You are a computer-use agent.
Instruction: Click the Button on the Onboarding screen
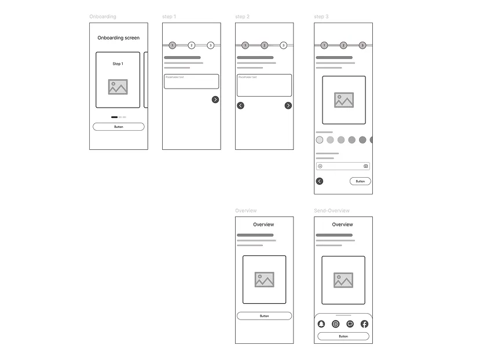click(x=118, y=127)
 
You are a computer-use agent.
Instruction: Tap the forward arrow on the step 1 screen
click(x=215, y=100)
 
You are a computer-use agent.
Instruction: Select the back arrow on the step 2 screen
click(x=240, y=105)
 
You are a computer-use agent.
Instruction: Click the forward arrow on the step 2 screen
click(x=288, y=105)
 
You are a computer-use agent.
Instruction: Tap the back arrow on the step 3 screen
click(x=320, y=181)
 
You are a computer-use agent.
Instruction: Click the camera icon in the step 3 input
click(x=366, y=166)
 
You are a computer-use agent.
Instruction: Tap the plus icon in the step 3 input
click(x=320, y=166)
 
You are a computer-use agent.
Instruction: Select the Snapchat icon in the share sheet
click(x=321, y=324)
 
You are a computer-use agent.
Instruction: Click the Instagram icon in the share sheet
click(x=335, y=324)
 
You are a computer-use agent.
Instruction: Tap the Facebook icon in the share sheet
click(x=364, y=324)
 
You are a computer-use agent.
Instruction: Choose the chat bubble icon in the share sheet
click(x=350, y=324)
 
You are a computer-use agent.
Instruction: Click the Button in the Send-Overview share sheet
click(x=343, y=336)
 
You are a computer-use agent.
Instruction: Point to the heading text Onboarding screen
click(x=118, y=38)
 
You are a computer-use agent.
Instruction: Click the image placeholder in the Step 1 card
click(x=118, y=87)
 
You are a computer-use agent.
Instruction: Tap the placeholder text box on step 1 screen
click(x=191, y=82)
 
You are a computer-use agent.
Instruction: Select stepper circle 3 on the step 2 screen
click(x=283, y=45)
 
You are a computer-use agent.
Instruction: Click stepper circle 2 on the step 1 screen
click(x=192, y=45)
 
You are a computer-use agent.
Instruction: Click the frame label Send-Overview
click(x=332, y=211)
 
